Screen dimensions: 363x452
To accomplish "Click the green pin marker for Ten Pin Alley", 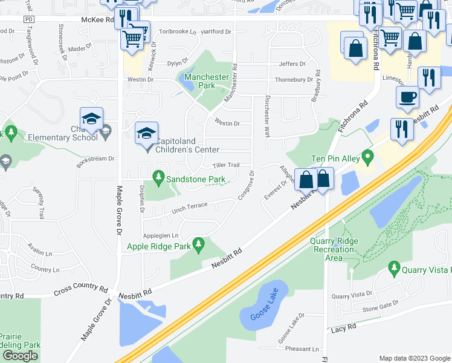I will pyautogui.click(x=366, y=159).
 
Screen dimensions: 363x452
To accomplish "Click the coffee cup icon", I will pyautogui.click(x=408, y=97).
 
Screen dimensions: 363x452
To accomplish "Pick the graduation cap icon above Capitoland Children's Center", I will pyautogui.click(x=146, y=133).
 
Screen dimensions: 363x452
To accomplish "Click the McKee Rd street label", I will pyautogui.click(x=97, y=20).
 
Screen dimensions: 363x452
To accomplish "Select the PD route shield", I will pyautogui.click(x=28, y=20).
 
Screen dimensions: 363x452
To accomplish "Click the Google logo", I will pyautogui.click(x=20, y=356).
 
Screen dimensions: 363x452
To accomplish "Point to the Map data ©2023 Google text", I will pyautogui.click(x=414, y=358).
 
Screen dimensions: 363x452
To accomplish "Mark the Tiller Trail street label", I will pyautogui.click(x=226, y=165).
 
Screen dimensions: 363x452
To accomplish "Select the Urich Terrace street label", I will pyautogui.click(x=189, y=207).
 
